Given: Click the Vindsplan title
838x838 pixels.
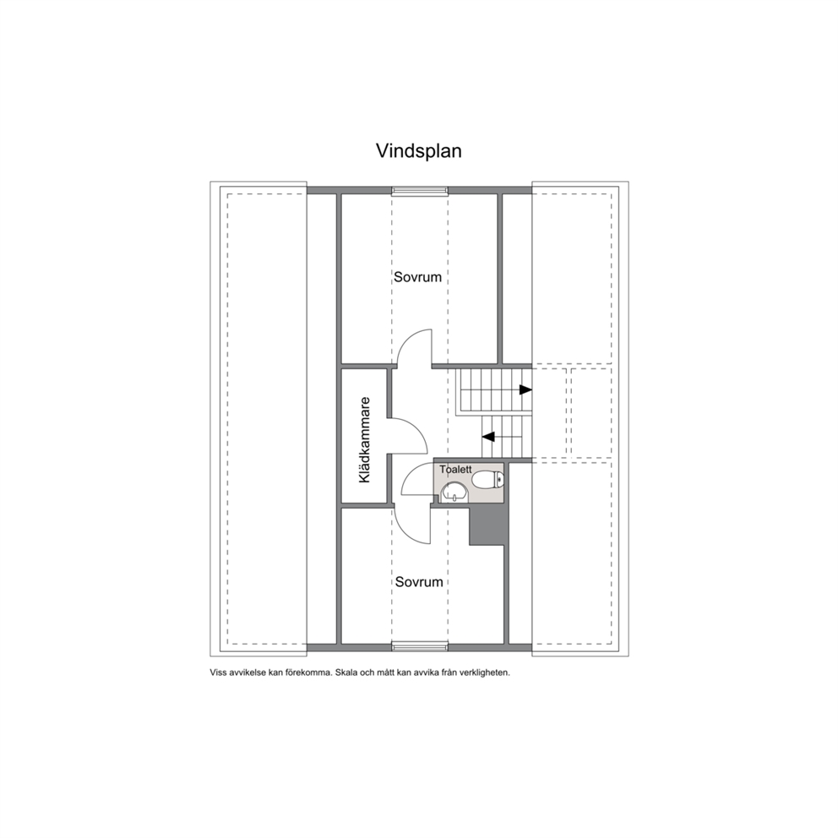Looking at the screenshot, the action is point(418,151).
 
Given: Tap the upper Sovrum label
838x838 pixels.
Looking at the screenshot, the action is point(417,277).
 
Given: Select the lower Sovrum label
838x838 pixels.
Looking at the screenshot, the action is point(419,581).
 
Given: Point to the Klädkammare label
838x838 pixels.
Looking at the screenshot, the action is point(364,440).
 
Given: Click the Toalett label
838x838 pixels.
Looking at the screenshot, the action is point(455,469).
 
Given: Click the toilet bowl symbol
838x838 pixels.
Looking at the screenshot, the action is point(488,479).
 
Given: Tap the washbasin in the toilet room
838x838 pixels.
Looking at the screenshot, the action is point(454,492).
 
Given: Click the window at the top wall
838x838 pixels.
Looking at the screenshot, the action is point(420,191).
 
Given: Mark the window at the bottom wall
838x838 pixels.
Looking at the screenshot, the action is point(420,647).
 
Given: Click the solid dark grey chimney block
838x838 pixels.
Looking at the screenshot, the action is point(487,525).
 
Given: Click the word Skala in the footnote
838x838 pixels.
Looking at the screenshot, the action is point(347,672).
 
